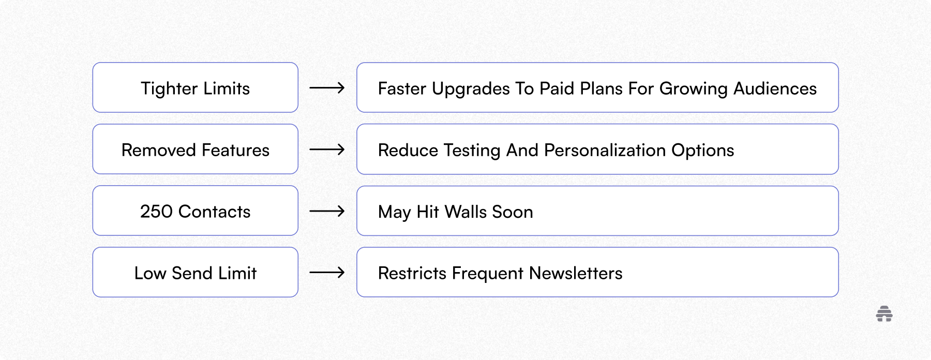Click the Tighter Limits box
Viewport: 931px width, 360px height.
[x=195, y=88]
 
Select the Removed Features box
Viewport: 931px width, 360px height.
[x=195, y=149]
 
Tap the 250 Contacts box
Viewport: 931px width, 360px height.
[x=195, y=211]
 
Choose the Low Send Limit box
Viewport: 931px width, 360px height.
[x=195, y=273]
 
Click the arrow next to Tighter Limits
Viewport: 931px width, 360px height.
[x=327, y=88]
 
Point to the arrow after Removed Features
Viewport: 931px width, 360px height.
[x=327, y=149]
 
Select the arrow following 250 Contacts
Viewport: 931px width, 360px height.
[x=327, y=211]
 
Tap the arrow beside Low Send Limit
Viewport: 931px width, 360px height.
[x=327, y=273]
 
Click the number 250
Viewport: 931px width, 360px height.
[x=156, y=212]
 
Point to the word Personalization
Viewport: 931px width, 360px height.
[x=605, y=150]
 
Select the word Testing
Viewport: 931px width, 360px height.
[x=472, y=151]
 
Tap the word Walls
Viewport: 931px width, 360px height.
[x=465, y=212]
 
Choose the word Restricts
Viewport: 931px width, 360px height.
[x=412, y=273]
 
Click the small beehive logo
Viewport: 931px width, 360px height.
[x=884, y=314]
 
